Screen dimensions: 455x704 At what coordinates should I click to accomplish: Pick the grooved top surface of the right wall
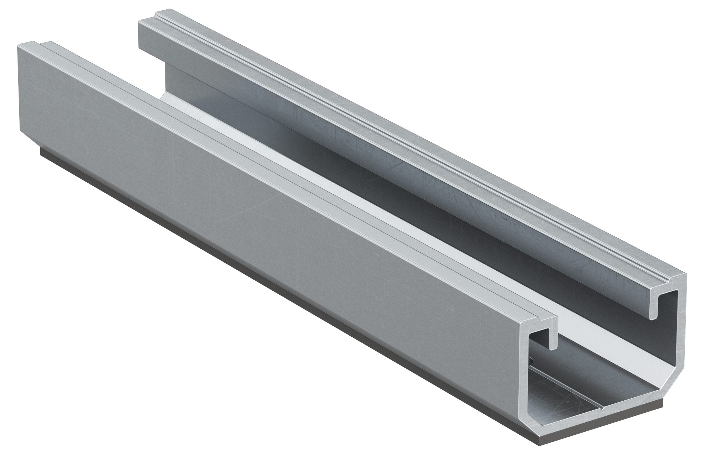click(412, 144)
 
